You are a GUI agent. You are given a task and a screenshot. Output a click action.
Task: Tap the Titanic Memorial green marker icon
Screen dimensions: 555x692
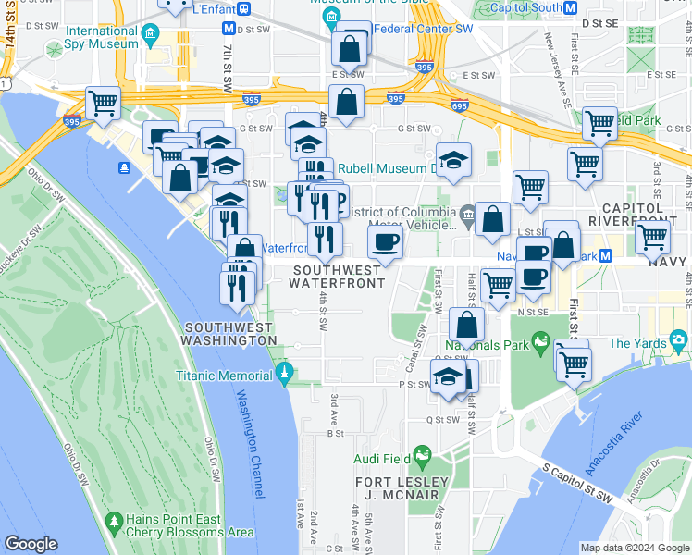pyautogui.click(x=286, y=375)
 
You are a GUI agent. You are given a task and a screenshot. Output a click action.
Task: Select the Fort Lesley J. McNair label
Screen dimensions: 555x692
pyautogui.click(x=402, y=488)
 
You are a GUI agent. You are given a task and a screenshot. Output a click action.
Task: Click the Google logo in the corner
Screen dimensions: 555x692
pyautogui.click(x=31, y=544)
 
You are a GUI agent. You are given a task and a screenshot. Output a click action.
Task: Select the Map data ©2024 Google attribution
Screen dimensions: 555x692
pyautogui.click(x=635, y=548)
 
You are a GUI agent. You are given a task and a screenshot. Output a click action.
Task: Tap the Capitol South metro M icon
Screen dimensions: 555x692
pyautogui.click(x=571, y=7)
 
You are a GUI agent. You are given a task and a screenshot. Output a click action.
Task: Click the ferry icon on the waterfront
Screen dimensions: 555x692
pyautogui.click(x=122, y=167)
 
